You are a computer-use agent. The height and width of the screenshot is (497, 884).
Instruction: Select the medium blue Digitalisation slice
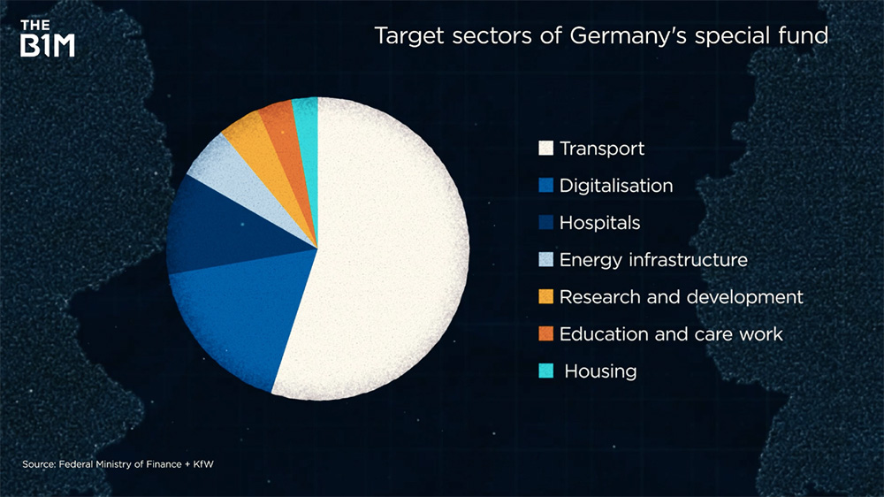(x=230, y=318)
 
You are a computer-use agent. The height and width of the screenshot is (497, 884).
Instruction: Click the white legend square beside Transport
(x=545, y=149)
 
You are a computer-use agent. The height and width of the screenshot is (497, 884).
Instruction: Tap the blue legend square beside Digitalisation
(x=545, y=186)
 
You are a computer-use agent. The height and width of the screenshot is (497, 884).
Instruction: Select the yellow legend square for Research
(x=545, y=297)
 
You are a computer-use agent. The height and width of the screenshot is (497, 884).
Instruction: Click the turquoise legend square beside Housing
(x=545, y=371)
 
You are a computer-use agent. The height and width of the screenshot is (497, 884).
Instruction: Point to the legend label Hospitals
(x=599, y=223)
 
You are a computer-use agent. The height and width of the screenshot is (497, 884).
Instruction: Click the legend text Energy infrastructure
(x=653, y=260)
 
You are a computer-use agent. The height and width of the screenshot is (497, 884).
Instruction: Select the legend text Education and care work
(x=671, y=334)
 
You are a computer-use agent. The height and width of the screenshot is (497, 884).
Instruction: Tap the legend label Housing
(x=600, y=371)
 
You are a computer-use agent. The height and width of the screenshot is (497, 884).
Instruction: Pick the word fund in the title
(x=808, y=37)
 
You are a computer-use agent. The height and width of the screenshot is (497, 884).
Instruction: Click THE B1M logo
(x=48, y=37)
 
